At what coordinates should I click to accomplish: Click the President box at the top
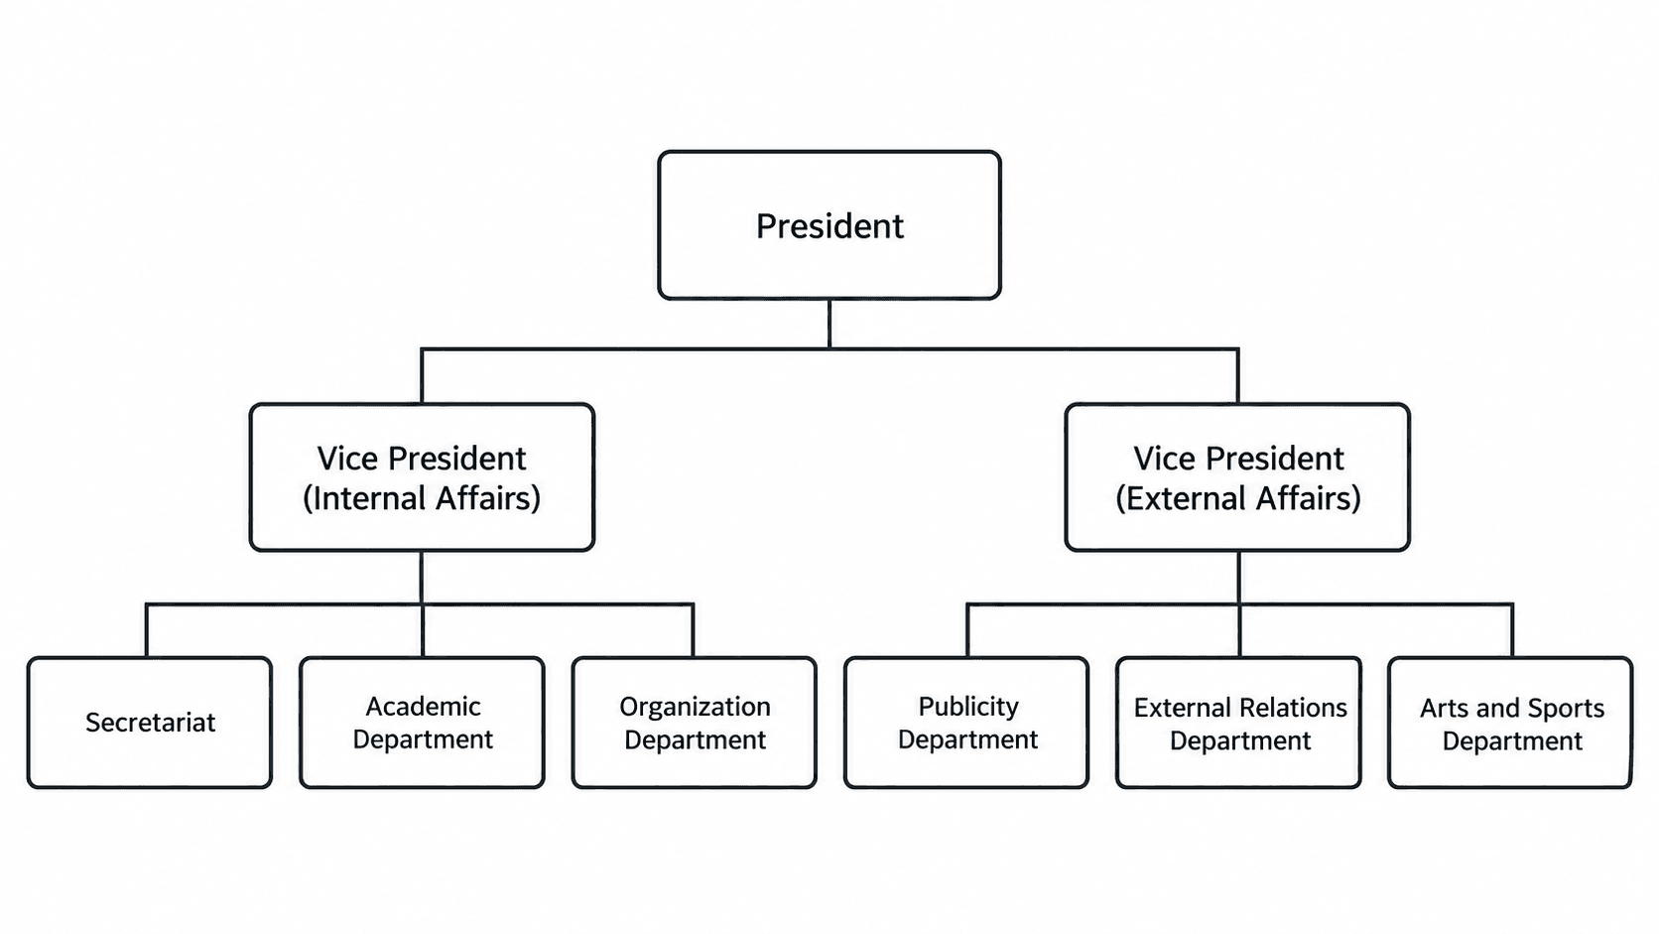(x=829, y=225)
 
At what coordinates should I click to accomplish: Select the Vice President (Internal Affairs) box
(x=422, y=477)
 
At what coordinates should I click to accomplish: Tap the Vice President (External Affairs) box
(x=1237, y=477)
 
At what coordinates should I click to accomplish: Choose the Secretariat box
(x=150, y=723)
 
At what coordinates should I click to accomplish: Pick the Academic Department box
(x=422, y=723)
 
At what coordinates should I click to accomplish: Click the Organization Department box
(x=694, y=723)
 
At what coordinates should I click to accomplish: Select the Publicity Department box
(x=966, y=723)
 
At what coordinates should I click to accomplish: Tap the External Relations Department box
(x=1239, y=723)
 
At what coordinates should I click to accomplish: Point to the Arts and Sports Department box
(x=1511, y=723)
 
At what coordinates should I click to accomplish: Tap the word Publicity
(x=968, y=708)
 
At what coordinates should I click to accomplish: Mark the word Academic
(x=423, y=707)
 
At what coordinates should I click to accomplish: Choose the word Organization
(x=695, y=708)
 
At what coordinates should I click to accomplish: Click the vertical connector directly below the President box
(x=829, y=324)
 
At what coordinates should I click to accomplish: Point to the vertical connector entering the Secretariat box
(x=147, y=630)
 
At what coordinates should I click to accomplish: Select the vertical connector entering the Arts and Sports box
(x=1512, y=630)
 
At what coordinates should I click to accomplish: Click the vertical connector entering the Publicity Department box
(x=967, y=630)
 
